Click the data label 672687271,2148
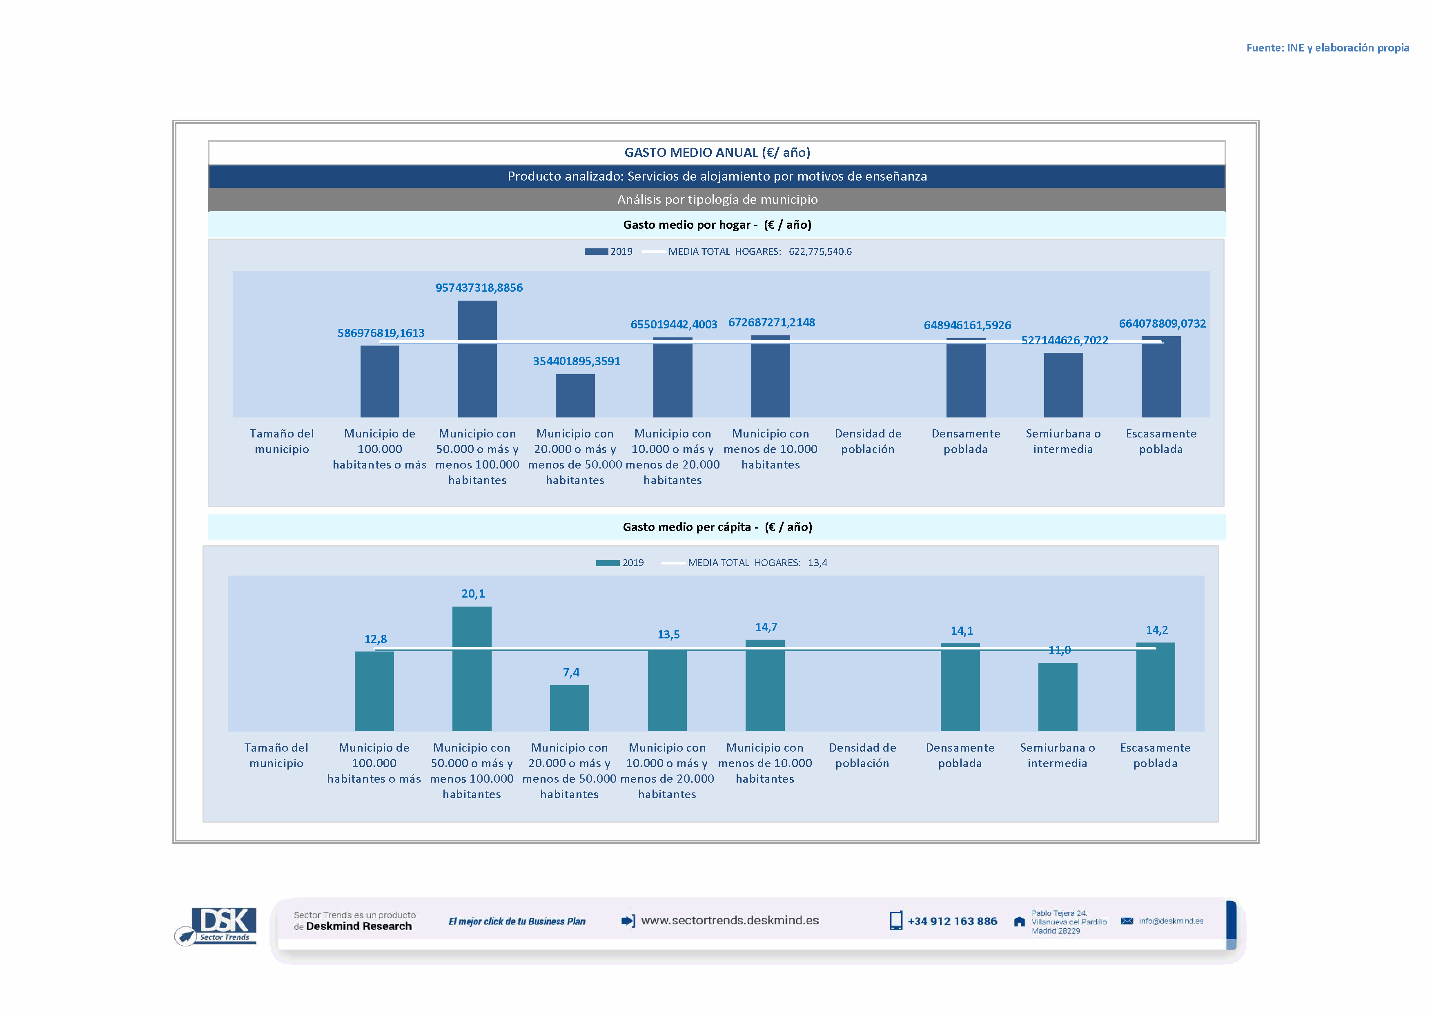pyautogui.click(x=771, y=323)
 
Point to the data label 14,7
pyautogui.click(x=766, y=627)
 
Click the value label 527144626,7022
pyautogui.click(x=1064, y=340)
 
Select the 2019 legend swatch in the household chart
pyautogui.click(x=596, y=251)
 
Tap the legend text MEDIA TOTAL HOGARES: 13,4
pyautogui.click(x=757, y=562)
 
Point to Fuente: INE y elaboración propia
pyautogui.click(x=1327, y=48)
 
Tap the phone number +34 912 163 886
pyautogui.click(x=952, y=922)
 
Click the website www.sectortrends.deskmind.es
pyautogui.click(x=729, y=920)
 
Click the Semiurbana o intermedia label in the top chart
pyautogui.click(x=1063, y=441)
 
